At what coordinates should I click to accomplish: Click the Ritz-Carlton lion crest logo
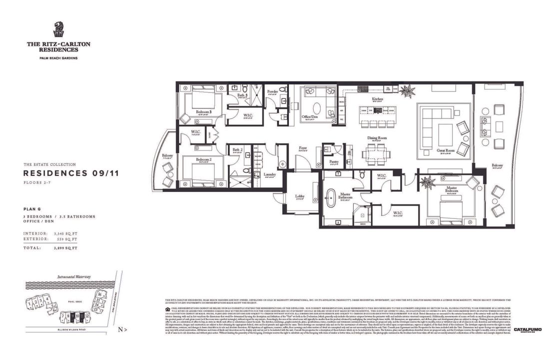pos(58,29)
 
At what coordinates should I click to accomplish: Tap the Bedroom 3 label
pos(203,112)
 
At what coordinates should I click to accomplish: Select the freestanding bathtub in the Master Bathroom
pos(330,198)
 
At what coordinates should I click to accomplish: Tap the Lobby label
pos(300,196)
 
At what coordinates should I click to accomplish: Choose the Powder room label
pos(272,91)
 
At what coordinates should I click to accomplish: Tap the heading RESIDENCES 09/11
pos(70,173)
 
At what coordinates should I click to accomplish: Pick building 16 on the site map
pos(100,294)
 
